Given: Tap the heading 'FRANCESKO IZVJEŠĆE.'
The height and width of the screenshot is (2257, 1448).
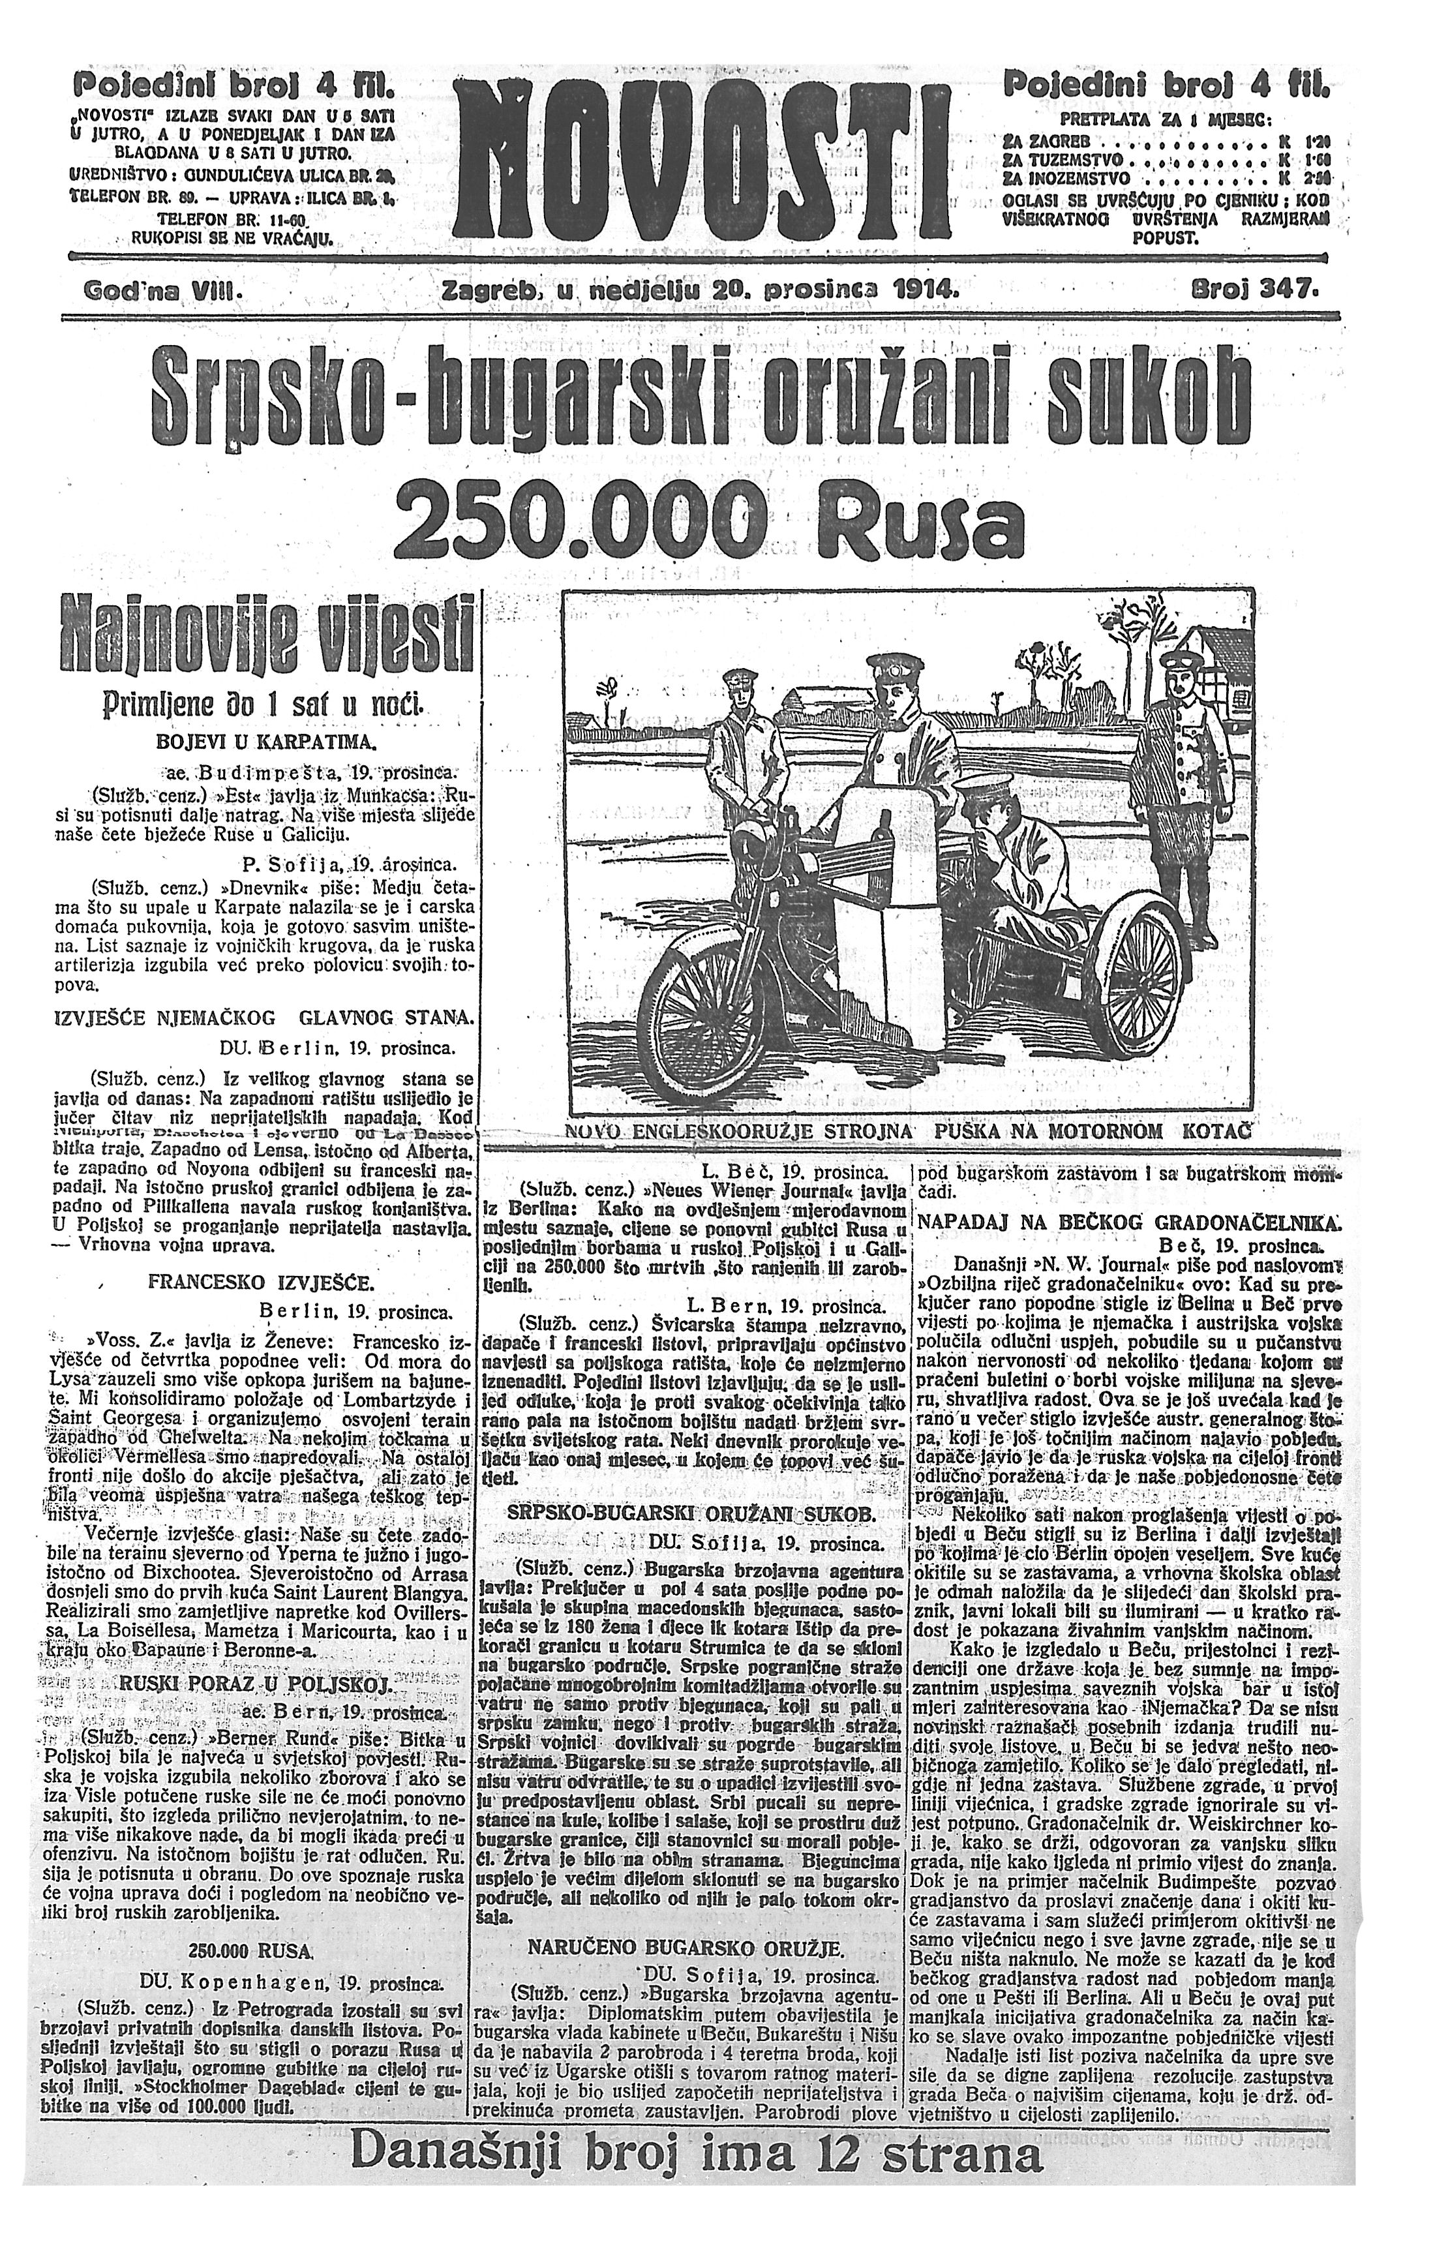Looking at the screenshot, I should click(x=260, y=1282).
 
